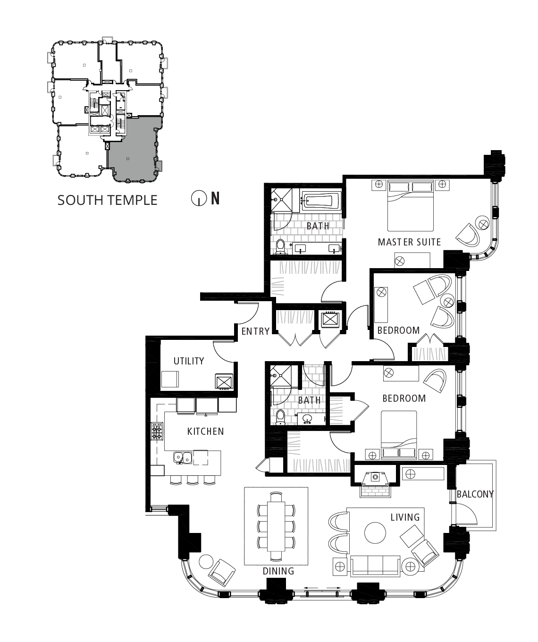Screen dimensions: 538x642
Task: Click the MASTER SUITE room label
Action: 409,242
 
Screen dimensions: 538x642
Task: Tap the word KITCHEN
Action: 205,431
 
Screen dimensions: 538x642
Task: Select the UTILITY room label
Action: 189,361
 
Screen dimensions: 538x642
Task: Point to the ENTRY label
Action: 255,331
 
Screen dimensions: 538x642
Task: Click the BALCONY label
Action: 475,494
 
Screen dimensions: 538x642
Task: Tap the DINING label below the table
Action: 278,571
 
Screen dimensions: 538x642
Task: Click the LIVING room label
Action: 405,517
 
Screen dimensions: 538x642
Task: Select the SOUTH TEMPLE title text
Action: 107,200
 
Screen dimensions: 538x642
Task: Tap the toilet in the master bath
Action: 280,247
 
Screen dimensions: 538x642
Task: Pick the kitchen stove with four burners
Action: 157,431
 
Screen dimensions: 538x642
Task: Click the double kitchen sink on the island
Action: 183,458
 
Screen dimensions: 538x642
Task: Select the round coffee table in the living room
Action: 375,533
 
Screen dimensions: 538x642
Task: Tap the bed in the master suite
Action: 411,206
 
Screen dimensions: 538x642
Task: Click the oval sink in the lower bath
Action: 307,418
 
